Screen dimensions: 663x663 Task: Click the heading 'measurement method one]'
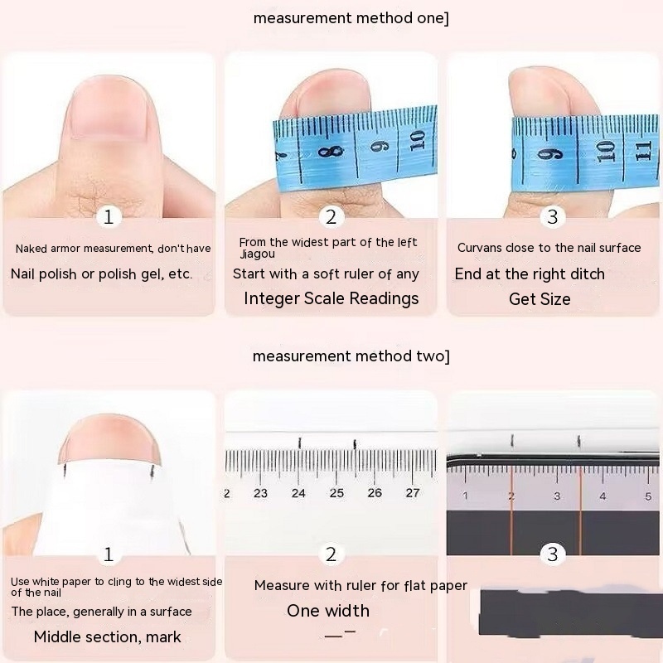351,18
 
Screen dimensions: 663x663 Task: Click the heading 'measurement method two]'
351,356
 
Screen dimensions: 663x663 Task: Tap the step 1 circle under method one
109,217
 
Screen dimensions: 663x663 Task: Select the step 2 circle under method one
331,217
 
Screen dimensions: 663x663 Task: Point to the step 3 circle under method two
553,554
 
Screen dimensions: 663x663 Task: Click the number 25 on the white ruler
336,493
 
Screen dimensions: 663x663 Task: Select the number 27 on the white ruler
413,492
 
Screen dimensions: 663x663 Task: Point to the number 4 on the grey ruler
603,496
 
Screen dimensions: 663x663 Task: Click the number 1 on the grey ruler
465,496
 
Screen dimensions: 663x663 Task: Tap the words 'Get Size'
540,299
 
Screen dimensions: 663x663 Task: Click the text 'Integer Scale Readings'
331,298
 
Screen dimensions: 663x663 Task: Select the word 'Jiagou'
258,254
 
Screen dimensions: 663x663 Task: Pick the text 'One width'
328,611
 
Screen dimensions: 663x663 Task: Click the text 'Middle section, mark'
108,636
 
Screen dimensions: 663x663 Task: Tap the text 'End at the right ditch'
530,274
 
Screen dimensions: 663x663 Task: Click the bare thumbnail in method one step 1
109,108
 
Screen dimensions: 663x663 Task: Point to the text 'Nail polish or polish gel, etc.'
101,274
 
